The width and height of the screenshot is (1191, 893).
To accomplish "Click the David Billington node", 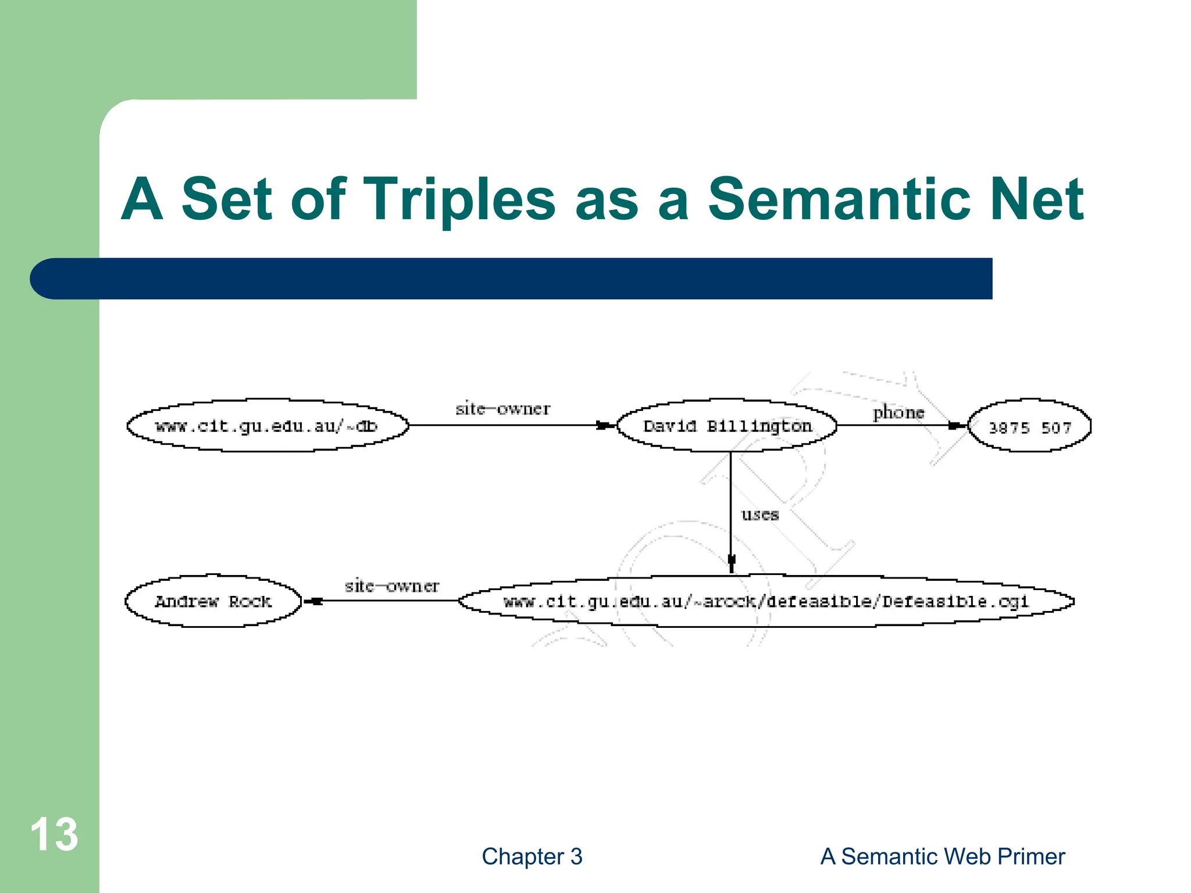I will (x=726, y=426).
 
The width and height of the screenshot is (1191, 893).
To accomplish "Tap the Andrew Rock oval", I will (x=213, y=601).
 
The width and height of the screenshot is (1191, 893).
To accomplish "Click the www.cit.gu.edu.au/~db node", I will (x=267, y=426).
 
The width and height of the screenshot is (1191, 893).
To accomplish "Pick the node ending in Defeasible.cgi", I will (x=766, y=601).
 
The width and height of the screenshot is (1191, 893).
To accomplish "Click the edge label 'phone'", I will (x=898, y=412).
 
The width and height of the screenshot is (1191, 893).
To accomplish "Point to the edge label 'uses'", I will (x=759, y=515).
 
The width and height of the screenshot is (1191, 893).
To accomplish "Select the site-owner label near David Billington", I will (x=502, y=409).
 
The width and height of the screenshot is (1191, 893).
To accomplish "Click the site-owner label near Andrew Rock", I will (x=391, y=585).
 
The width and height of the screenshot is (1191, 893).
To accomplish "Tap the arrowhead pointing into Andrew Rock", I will (x=313, y=601).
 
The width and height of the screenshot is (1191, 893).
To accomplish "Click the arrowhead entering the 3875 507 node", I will (x=955, y=426).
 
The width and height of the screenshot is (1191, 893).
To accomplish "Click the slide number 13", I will (x=54, y=834).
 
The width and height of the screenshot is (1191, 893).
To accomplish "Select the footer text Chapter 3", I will (x=532, y=856).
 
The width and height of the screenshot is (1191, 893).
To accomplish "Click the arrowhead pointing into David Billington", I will (x=605, y=426).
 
